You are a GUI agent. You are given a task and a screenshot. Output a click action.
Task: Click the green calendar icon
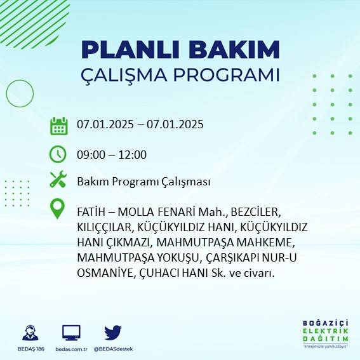click(58, 125)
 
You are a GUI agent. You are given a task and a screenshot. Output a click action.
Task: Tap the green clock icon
click(58, 154)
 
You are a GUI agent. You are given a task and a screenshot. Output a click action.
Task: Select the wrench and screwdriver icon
click(58, 180)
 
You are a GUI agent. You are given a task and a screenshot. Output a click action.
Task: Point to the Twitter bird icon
click(113, 332)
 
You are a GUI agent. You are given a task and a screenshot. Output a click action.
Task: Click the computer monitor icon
click(71, 332)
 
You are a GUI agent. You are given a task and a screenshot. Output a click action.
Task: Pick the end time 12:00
click(133, 154)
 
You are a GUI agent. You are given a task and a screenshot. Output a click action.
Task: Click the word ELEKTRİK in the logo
click(326, 331)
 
